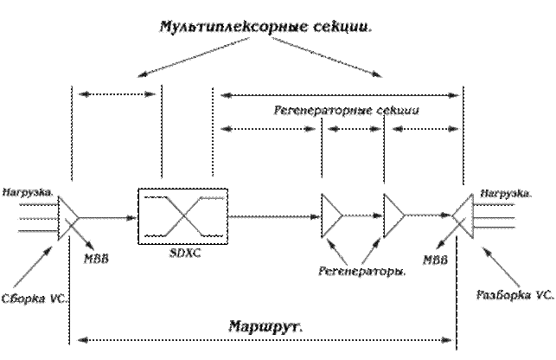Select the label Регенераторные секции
346,112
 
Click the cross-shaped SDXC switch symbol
183,217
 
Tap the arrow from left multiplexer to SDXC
112,217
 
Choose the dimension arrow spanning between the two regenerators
352,129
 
